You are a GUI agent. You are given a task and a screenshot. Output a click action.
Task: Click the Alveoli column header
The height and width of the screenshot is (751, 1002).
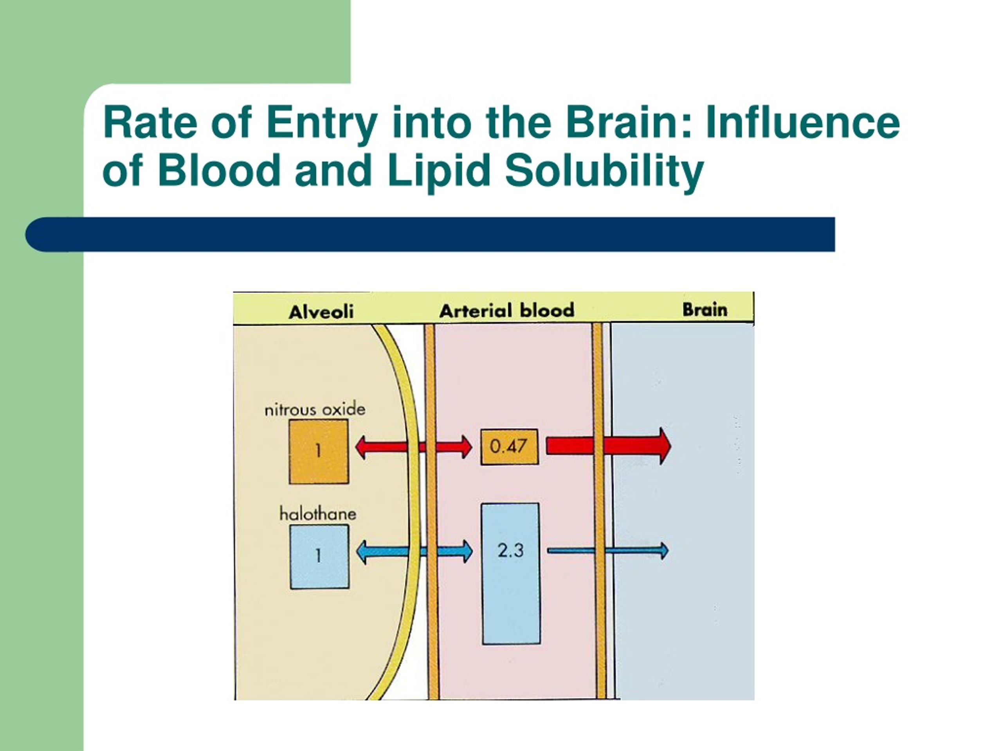321,312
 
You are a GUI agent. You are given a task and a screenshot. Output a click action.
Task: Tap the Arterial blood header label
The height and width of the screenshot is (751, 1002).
506,311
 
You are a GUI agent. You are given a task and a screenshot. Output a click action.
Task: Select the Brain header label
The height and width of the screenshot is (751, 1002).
705,310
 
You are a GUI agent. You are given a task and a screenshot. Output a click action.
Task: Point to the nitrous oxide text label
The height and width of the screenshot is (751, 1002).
315,409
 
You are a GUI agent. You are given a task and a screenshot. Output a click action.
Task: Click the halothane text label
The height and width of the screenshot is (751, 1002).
317,514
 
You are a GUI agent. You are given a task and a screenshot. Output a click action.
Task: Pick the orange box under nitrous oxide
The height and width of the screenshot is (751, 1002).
319,451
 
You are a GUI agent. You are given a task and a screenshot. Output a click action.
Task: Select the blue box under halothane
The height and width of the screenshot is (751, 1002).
319,556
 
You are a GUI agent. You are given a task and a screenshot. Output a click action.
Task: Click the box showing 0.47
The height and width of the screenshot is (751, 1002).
510,447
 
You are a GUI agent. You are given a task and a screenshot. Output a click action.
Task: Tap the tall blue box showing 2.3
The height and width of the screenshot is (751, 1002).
511,574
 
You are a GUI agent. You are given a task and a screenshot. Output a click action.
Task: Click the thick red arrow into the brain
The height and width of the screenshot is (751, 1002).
609,446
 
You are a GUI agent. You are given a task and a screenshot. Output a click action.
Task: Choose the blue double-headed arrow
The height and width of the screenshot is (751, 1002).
414,552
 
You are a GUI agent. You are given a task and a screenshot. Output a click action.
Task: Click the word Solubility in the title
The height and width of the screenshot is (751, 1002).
605,171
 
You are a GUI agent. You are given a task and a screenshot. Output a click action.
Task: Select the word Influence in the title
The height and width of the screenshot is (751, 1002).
803,122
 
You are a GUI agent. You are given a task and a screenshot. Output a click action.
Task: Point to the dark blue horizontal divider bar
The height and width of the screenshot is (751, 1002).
430,234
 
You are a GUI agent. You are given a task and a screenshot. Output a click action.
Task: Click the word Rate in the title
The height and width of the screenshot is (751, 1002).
150,122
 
